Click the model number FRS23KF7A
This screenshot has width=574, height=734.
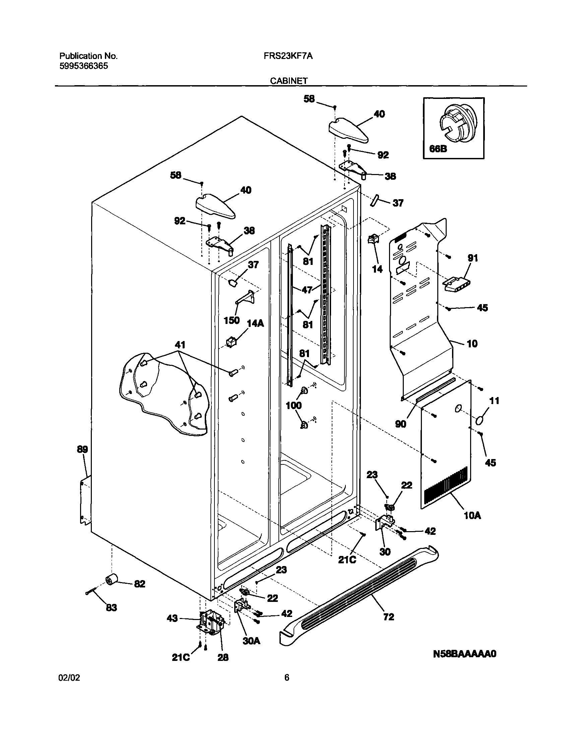click(288, 56)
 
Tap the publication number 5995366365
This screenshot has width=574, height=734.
click(84, 66)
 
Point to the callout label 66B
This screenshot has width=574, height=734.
click(438, 149)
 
